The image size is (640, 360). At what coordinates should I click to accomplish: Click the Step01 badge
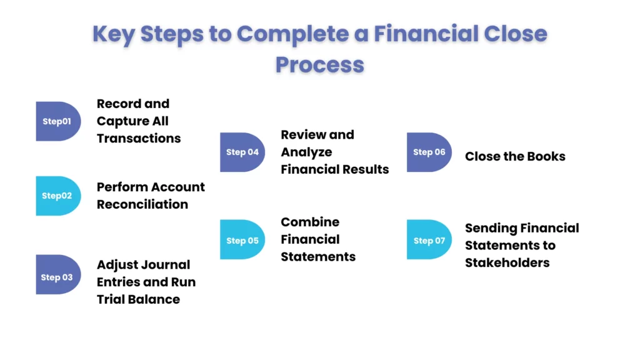tap(57, 121)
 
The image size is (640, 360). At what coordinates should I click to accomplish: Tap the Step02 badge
tap(57, 196)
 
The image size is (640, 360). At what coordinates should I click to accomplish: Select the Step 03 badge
tap(57, 277)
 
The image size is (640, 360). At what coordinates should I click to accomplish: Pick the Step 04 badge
tap(242, 152)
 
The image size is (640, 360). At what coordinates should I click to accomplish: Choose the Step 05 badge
tap(242, 240)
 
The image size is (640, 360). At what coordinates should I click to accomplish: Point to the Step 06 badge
tap(429, 152)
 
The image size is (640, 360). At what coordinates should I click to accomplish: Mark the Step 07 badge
tap(429, 240)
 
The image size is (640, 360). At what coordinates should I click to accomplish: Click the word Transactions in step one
tap(138, 138)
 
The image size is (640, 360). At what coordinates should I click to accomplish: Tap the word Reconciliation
tap(142, 204)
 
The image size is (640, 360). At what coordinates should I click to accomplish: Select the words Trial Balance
tap(138, 299)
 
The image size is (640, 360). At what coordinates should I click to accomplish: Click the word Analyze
tap(306, 152)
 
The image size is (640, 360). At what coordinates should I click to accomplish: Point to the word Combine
tap(310, 222)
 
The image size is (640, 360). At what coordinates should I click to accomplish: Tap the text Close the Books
tap(515, 156)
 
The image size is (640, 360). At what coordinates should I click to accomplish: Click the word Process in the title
tap(319, 64)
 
